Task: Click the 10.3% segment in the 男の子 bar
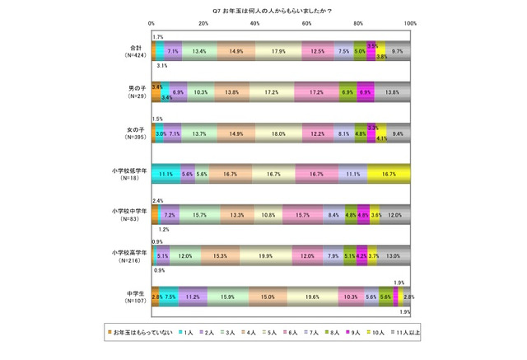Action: pyautogui.click(x=201, y=92)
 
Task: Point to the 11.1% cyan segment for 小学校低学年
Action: pyautogui.click(x=166, y=174)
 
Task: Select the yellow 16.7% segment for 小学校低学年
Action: pyautogui.click(x=389, y=174)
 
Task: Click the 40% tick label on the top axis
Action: pyautogui.click(x=256, y=23)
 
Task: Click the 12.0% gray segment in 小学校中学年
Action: pyautogui.click(x=396, y=214)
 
